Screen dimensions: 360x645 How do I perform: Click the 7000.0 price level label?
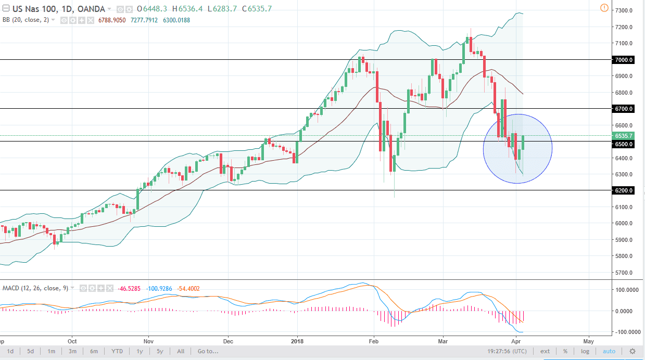pyautogui.click(x=623, y=60)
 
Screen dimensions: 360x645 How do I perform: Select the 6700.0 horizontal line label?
pyautogui.click(x=623, y=109)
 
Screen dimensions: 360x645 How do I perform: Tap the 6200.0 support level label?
pyautogui.click(x=623, y=190)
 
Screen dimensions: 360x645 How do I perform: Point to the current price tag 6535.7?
pyautogui.click(x=623, y=136)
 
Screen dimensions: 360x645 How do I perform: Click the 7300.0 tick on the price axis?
pyautogui.click(x=623, y=10)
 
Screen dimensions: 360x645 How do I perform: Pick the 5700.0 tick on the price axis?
pyautogui.click(x=623, y=273)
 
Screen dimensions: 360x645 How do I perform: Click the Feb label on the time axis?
pyautogui.click(x=373, y=341)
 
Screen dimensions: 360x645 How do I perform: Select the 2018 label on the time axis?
pyautogui.click(x=297, y=341)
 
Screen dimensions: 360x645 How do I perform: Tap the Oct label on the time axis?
pyautogui.click(x=72, y=341)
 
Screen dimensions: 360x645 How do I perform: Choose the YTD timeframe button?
pyautogui.click(x=117, y=351)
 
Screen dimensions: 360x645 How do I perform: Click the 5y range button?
pyautogui.click(x=159, y=351)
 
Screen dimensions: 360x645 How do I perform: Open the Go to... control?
pyautogui.click(x=207, y=351)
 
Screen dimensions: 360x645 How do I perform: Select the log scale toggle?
pyautogui.click(x=585, y=351)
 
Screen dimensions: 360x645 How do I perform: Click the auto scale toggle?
pyautogui.click(x=609, y=351)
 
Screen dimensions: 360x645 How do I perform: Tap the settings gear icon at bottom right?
pyautogui.click(x=633, y=351)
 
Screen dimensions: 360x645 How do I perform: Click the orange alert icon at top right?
pyautogui.click(x=604, y=8)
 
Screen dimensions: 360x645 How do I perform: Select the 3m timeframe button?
pyautogui.click(x=72, y=351)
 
